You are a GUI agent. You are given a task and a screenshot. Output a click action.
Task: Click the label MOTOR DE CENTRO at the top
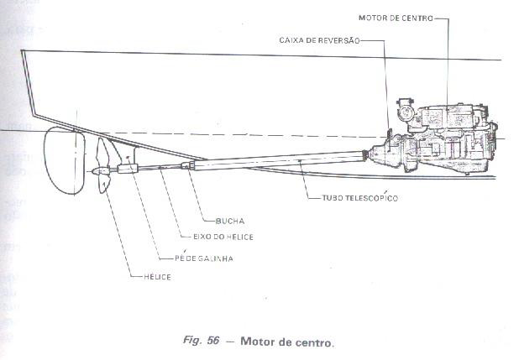coord(395,16)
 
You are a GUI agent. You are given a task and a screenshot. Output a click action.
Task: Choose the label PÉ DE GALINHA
coord(200,258)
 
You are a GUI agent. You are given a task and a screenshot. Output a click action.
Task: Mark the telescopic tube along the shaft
coord(277,160)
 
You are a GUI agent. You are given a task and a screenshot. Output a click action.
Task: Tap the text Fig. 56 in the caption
coord(202,342)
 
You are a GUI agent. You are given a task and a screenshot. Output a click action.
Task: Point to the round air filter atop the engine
coord(405,110)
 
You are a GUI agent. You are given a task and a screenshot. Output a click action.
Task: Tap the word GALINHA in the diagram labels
coord(213,258)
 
